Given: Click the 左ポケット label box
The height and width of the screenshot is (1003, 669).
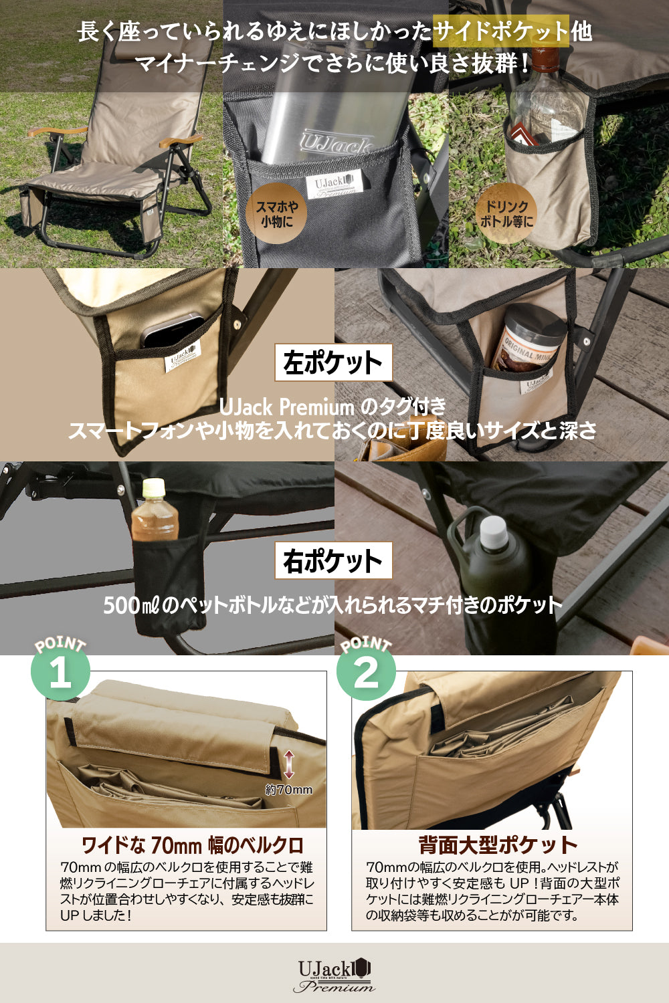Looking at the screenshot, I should tap(332, 362).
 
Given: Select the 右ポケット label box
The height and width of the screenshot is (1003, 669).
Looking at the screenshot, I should tap(332, 561).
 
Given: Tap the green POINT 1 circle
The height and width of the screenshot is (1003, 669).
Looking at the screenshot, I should tap(60, 671).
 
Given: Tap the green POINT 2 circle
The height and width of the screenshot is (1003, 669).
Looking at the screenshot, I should tap(366, 671).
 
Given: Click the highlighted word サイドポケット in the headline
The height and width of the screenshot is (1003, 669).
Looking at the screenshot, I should tap(501, 31).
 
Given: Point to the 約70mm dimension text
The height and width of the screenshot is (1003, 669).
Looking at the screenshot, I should tap(288, 790).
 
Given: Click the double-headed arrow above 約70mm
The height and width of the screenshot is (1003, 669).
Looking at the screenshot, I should tap(289, 764).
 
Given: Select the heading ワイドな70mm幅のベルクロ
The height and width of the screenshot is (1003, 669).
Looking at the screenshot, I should tap(192, 845).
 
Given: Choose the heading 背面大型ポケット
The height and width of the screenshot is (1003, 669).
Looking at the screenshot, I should tap(498, 845).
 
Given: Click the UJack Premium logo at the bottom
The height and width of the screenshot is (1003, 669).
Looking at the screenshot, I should tap(334, 975).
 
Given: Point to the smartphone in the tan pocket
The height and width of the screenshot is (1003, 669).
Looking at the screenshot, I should tap(173, 332).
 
